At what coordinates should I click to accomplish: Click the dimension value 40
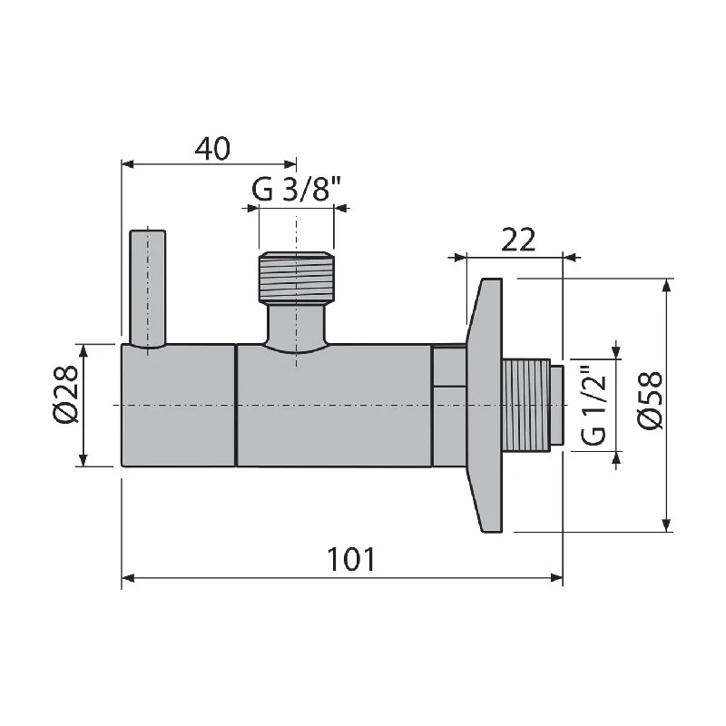click(x=211, y=148)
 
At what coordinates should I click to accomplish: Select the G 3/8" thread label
click(x=296, y=191)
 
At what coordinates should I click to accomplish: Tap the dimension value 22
click(x=517, y=240)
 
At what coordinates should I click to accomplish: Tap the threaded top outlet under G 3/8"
click(x=296, y=277)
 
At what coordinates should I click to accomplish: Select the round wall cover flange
click(x=485, y=405)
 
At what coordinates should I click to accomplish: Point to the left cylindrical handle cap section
click(x=179, y=405)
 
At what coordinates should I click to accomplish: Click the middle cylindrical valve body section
click(x=334, y=405)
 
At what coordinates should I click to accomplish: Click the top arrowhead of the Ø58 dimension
click(x=667, y=286)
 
